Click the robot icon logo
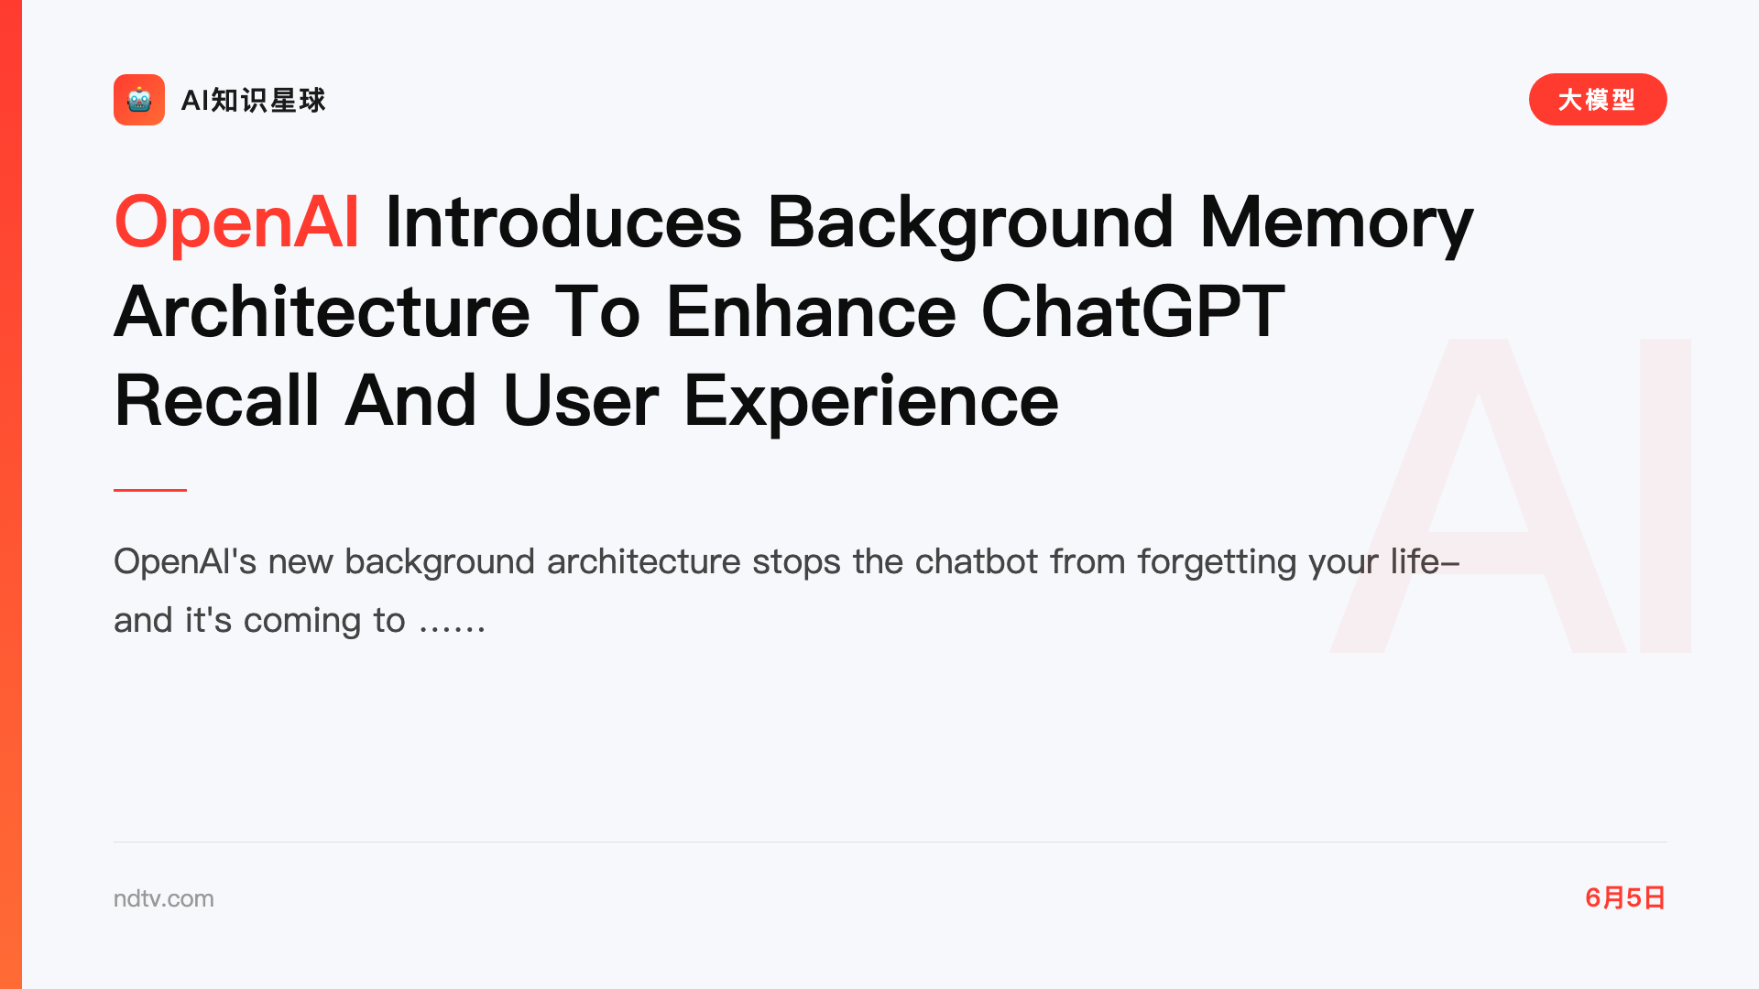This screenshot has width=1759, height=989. [139, 100]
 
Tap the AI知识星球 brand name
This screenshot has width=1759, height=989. [253, 100]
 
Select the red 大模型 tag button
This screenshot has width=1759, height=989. [1598, 100]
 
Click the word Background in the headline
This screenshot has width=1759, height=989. [970, 223]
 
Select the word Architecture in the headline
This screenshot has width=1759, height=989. [322, 311]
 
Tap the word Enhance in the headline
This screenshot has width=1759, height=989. [811, 311]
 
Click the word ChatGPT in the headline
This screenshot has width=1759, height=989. [1133, 311]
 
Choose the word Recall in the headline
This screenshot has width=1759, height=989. [216, 400]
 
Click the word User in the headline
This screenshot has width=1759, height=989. [581, 400]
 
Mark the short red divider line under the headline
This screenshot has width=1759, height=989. [150, 490]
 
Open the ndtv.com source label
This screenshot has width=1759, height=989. [164, 898]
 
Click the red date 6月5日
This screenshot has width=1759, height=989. [1625, 897]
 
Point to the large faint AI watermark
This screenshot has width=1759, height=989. [1510, 495]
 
